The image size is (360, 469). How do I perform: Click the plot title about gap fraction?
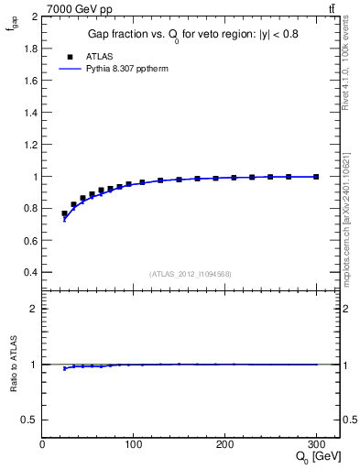point(192,34)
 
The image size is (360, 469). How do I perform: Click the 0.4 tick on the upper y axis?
point(31,272)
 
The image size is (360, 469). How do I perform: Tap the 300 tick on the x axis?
point(316,444)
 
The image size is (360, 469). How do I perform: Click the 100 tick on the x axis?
point(134,444)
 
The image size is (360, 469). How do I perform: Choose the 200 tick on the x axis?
point(224,444)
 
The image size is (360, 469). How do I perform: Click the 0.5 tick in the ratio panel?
point(30,420)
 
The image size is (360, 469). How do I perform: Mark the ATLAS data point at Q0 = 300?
point(316,176)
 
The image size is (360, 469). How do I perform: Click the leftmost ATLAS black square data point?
point(64,213)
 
